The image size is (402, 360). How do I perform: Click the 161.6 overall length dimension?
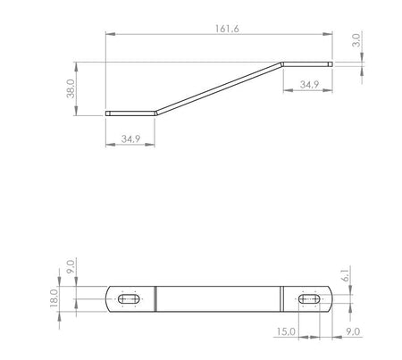click(x=227, y=29)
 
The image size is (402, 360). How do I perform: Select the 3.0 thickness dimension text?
click(x=356, y=40)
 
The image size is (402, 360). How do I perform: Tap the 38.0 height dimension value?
click(x=71, y=88)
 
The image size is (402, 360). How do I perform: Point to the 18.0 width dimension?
click(x=54, y=298)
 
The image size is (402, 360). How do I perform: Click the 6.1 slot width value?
click(x=346, y=274)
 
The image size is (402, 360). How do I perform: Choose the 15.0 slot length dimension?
click(x=286, y=331)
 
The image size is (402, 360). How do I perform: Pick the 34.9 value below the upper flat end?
click(x=309, y=85)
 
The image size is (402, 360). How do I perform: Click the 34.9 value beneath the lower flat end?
click(x=130, y=138)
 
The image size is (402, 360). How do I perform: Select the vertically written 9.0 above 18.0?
click(x=71, y=267)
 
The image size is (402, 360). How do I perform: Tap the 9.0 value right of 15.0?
click(x=353, y=331)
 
